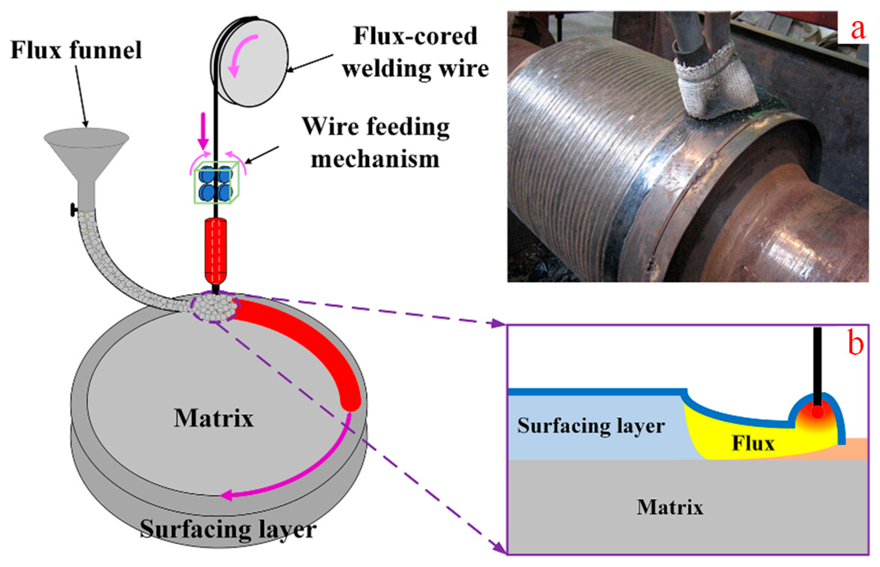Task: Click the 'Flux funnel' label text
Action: pos(76,51)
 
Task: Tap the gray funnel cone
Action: pos(86,152)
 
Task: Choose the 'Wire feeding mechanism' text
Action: pos(376,143)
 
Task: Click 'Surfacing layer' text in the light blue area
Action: pos(591,426)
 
